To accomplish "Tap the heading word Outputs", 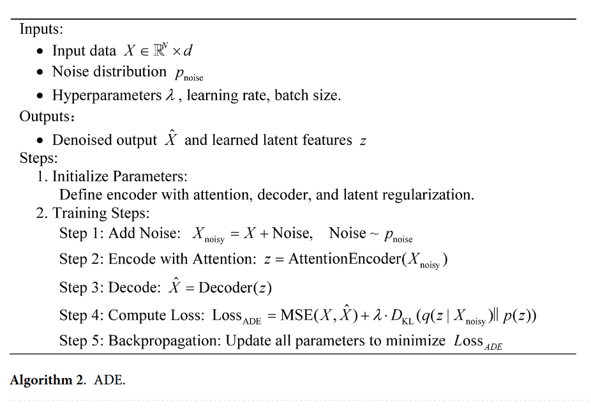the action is tap(44, 117).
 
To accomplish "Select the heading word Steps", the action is tap(38, 158).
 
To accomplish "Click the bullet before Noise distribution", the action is tap(40, 73).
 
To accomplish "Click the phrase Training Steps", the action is tap(100, 213).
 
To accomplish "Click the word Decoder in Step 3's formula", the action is tap(226, 288).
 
